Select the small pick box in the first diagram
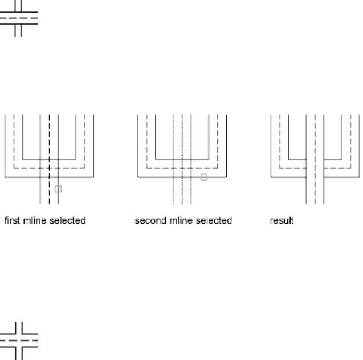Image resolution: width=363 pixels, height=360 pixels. (x=58, y=188)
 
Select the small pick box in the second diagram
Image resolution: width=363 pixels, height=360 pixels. (x=203, y=177)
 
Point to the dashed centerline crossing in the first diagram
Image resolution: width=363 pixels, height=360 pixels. (x=49, y=168)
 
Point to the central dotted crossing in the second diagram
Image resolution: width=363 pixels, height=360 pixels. (x=182, y=168)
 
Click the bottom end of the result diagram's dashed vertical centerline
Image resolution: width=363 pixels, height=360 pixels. (x=315, y=203)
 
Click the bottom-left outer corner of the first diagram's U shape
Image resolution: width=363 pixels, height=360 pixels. (x=5, y=177)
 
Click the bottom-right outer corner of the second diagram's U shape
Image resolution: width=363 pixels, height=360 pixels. (x=226, y=177)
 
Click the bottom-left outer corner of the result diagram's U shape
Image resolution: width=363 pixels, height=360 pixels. (x=271, y=177)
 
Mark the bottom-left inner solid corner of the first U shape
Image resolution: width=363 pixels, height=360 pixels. (x=22, y=159)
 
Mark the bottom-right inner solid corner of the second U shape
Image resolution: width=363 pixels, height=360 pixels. (x=209, y=159)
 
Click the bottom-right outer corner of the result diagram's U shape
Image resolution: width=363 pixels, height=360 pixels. (x=359, y=177)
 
